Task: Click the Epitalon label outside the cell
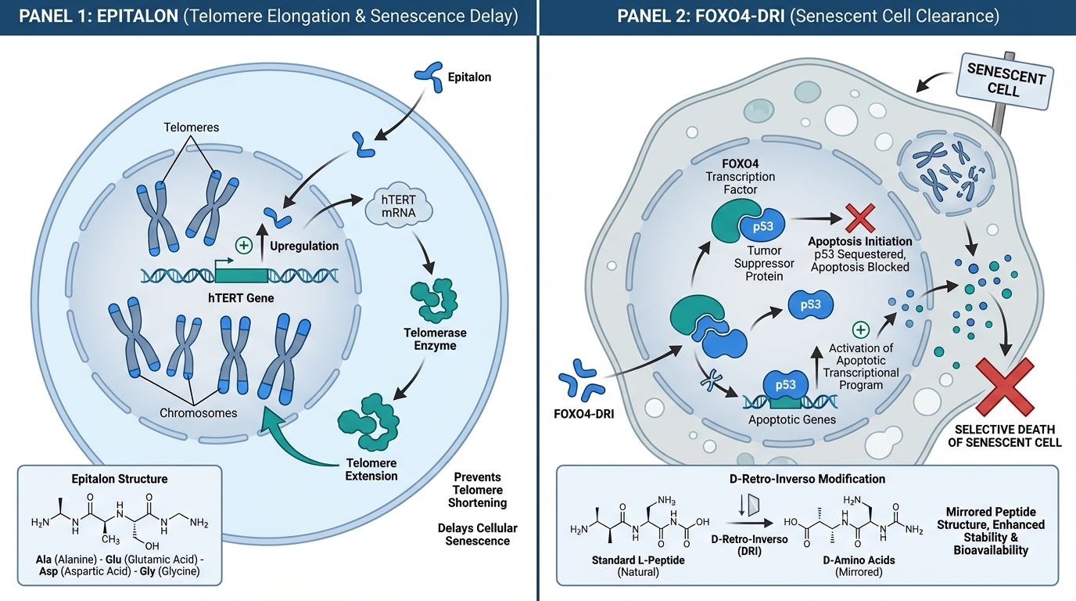[469, 77]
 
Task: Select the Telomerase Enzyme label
[436, 339]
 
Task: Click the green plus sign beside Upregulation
[244, 246]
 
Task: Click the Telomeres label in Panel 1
[192, 127]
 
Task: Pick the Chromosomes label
[198, 412]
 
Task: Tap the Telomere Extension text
[371, 470]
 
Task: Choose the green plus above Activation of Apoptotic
[861, 329]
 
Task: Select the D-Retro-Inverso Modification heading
[807, 478]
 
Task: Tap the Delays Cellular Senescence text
[477, 534]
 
